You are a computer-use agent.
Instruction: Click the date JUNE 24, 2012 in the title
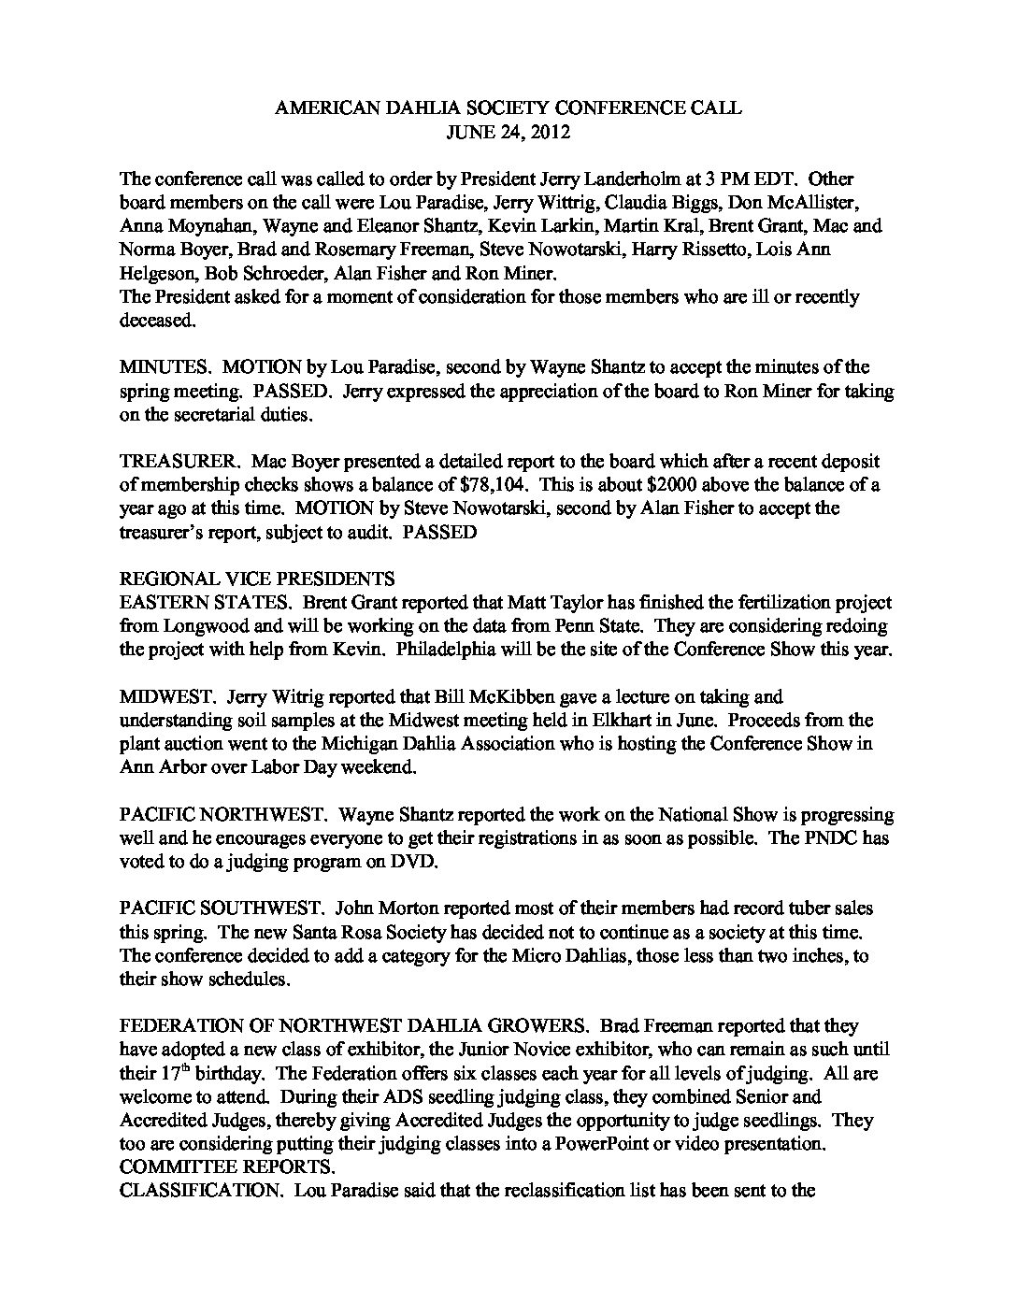[508, 132]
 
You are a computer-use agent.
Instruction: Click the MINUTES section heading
[161, 367]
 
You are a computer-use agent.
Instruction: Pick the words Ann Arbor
[156, 767]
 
